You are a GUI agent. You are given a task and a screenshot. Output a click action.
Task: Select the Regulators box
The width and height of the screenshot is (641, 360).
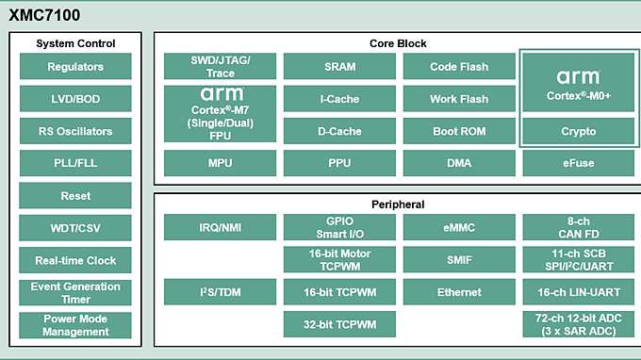pyautogui.click(x=75, y=67)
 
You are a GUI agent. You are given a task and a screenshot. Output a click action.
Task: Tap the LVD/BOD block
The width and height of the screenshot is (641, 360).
pyautogui.click(x=75, y=99)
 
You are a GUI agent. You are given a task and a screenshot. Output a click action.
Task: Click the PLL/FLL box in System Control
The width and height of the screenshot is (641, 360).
pyautogui.click(x=75, y=163)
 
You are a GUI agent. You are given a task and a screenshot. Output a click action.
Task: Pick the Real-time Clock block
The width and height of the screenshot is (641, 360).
pyautogui.click(x=75, y=260)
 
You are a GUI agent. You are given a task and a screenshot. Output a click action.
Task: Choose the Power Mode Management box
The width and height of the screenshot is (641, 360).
pyautogui.click(x=75, y=324)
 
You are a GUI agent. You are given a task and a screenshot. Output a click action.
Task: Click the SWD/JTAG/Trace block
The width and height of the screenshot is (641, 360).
pyautogui.click(x=220, y=67)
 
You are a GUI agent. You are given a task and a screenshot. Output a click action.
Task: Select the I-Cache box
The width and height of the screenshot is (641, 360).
pyautogui.click(x=339, y=99)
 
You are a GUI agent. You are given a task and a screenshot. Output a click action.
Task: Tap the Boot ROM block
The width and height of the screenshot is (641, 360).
pyautogui.click(x=459, y=131)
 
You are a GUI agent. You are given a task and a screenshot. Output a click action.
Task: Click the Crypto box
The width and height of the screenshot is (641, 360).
pyautogui.click(x=578, y=131)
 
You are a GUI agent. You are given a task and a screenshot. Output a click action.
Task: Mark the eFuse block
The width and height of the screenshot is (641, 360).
pyautogui.click(x=578, y=163)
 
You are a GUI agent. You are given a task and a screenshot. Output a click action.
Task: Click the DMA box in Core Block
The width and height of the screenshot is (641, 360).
pyautogui.click(x=459, y=163)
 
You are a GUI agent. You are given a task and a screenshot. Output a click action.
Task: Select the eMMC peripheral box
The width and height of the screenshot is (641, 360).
pyautogui.click(x=459, y=228)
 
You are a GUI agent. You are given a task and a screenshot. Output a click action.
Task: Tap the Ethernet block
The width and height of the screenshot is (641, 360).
pyautogui.click(x=459, y=292)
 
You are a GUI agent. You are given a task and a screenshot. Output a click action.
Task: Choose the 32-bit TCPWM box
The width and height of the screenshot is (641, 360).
pyautogui.click(x=339, y=324)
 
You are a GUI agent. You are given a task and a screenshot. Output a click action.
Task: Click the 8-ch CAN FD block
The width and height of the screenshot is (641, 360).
pyautogui.click(x=578, y=228)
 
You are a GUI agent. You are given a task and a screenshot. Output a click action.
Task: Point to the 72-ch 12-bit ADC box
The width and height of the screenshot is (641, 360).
pyautogui.click(x=578, y=324)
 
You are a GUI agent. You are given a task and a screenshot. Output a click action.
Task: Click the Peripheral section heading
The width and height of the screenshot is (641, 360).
pyautogui.click(x=397, y=205)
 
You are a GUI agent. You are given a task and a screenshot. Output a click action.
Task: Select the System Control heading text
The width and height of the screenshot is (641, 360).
pyautogui.click(x=75, y=43)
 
